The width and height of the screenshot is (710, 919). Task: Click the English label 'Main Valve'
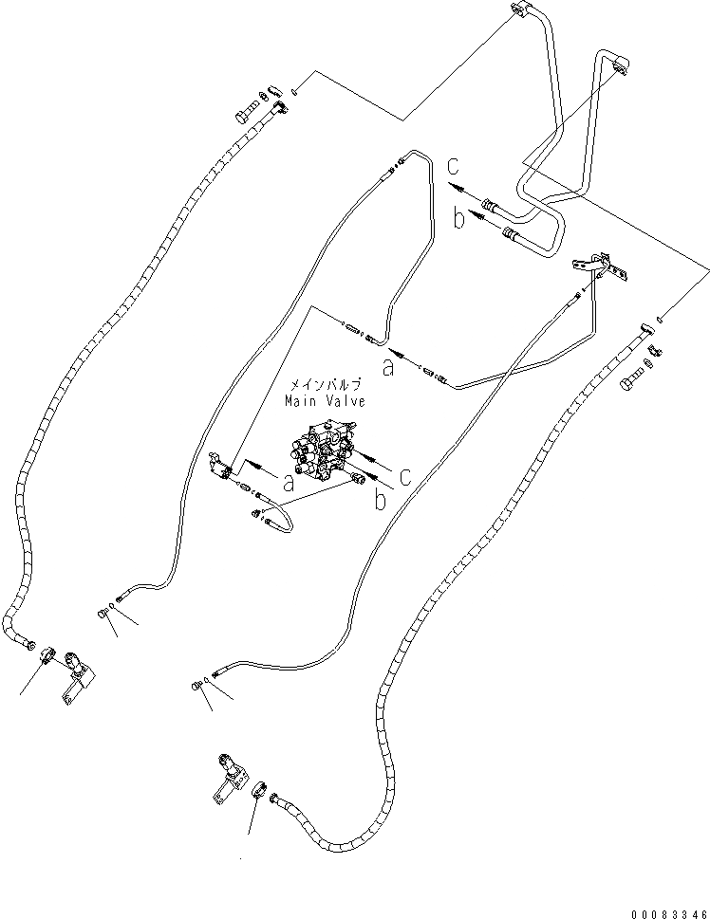click(325, 401)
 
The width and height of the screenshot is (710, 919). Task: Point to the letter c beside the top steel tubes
click(455, 162)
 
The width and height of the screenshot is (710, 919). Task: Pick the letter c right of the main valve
click(405, 476)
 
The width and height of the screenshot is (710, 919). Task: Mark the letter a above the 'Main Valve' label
click(387, 368)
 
